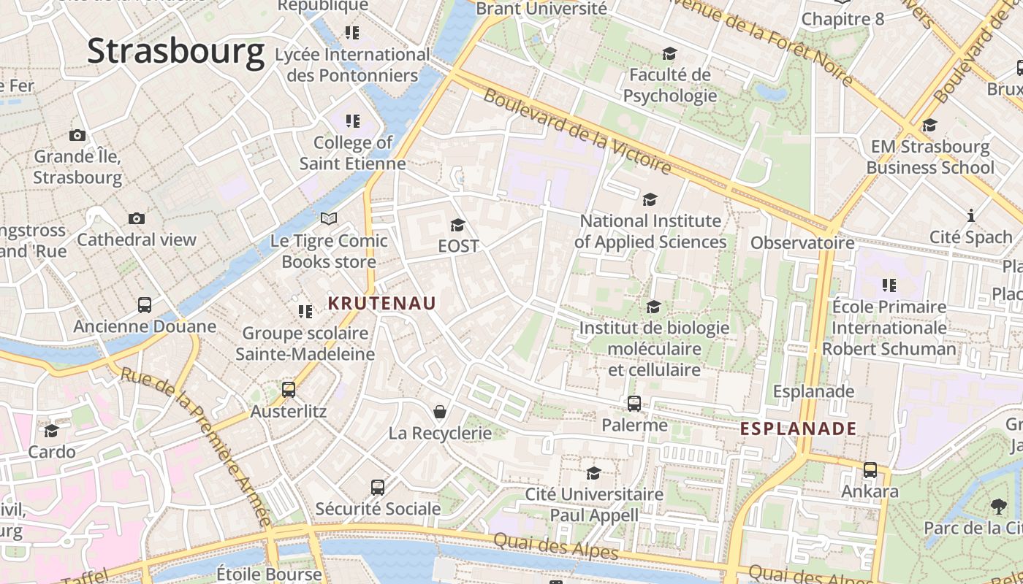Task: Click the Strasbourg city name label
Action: coord(175,52)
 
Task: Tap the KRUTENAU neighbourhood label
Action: coord(381,303)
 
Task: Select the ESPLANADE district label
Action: coord(798,429)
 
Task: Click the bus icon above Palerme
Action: coord(634,403)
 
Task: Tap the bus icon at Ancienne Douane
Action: coord(145,305)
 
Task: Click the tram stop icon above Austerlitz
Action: coord(289,390)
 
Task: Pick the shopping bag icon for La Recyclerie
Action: coord(440,412)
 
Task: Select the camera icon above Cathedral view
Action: coord(136,218)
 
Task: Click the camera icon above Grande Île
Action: coord(77,135)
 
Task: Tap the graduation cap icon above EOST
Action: coord(458,225)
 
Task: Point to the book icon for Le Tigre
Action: coord(329,218)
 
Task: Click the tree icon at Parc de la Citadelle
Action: coord(998,506)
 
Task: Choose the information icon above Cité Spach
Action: coord(971,215)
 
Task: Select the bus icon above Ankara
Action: coord(870,470)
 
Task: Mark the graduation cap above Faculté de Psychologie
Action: coord(669,53)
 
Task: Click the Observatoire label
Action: coord(802,242)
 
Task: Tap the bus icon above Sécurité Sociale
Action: coord(378,488)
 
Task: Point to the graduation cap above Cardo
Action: coord(51,431)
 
